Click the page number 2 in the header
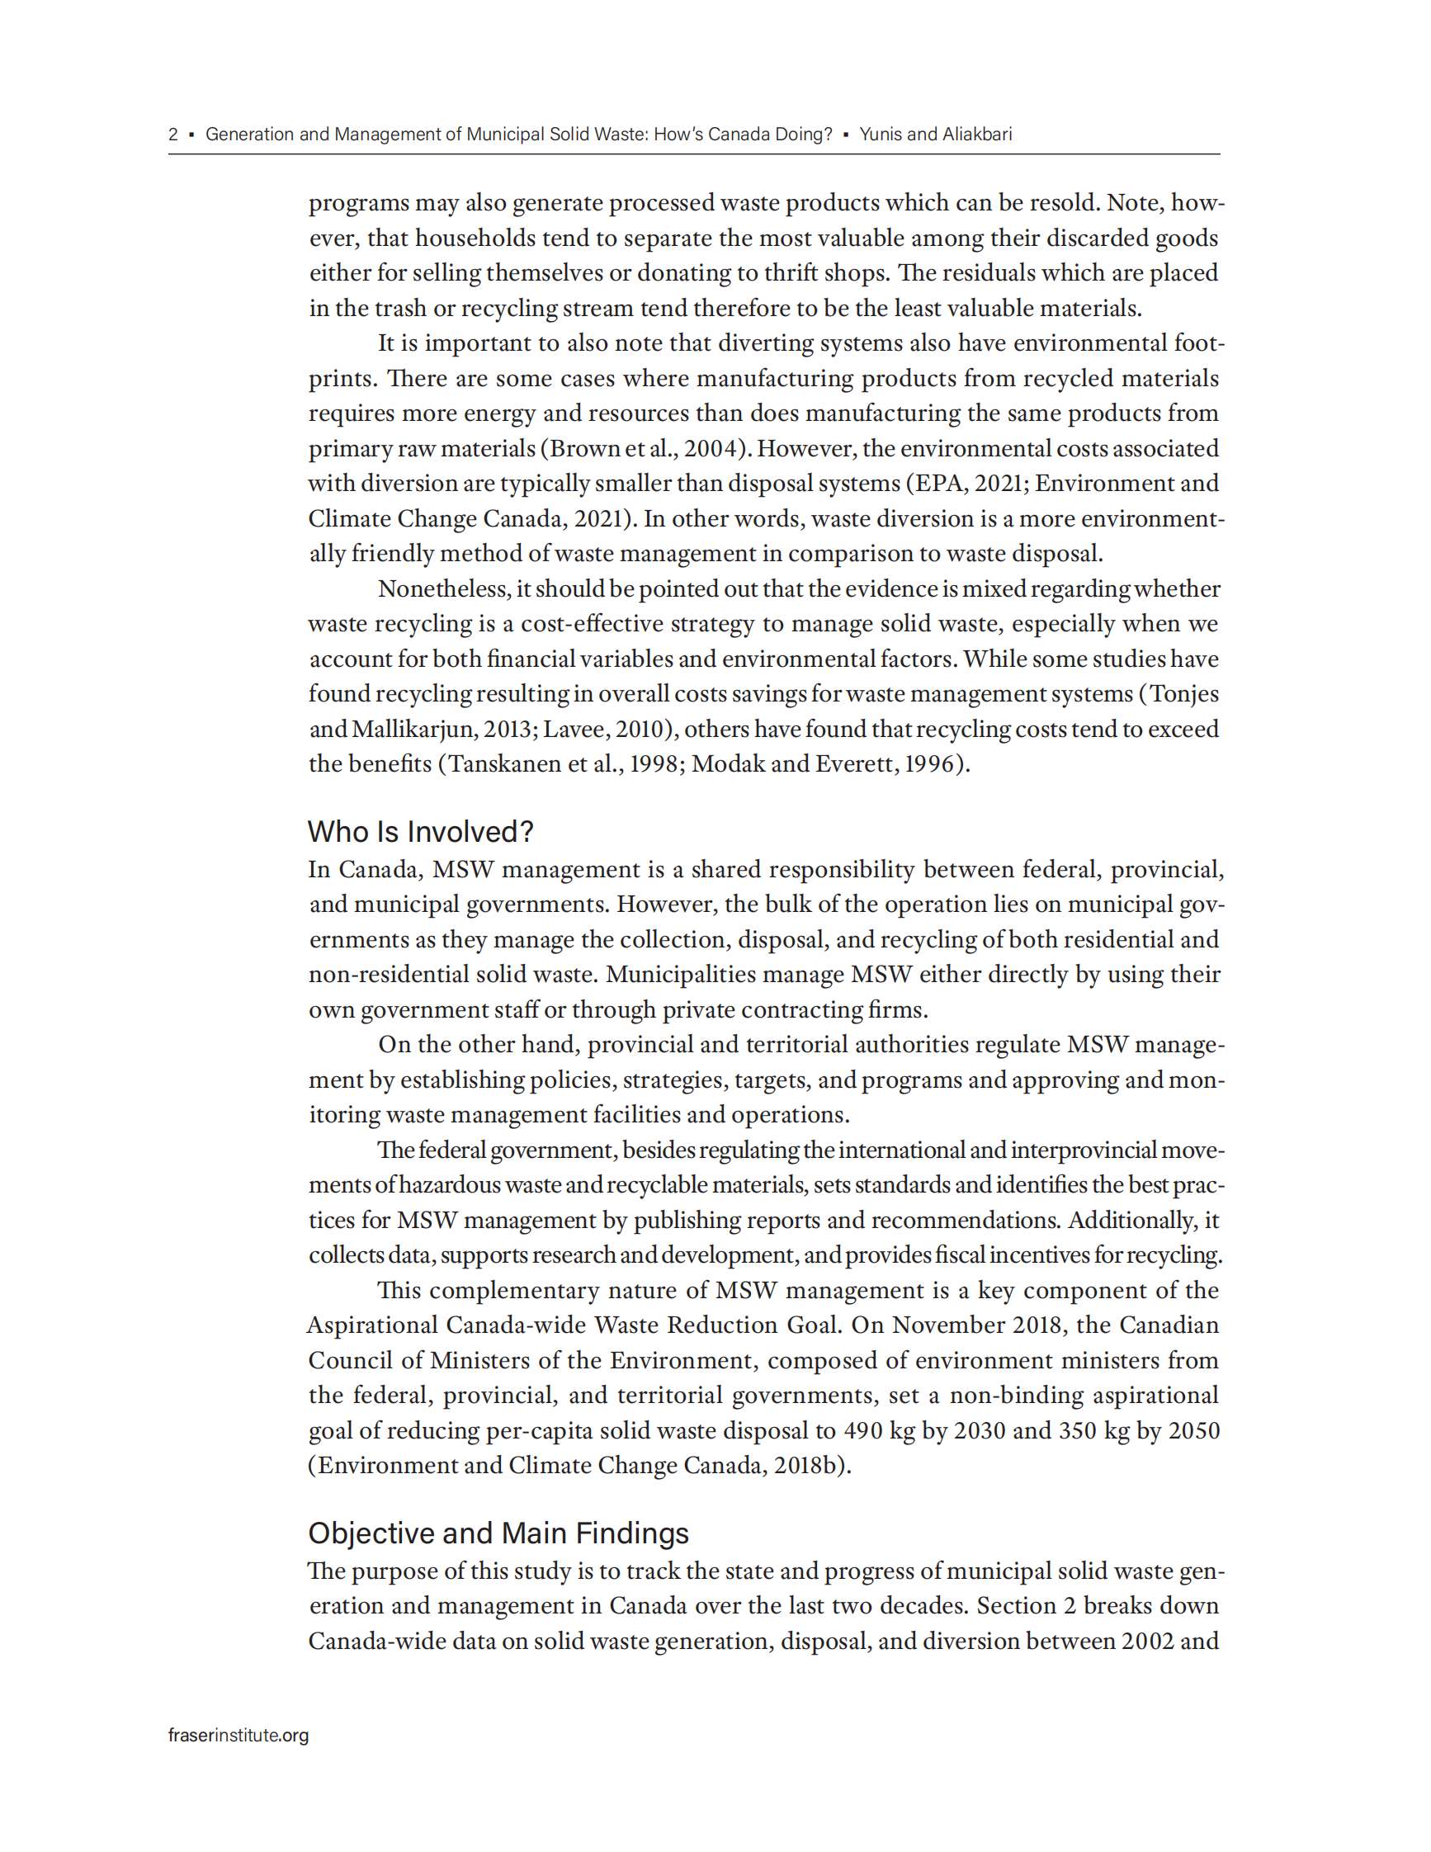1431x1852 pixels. (173, 134)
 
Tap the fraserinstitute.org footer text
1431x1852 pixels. (238, 1735)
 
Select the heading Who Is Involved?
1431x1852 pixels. (421, 831)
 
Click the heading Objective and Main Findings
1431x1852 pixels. (498, 1533)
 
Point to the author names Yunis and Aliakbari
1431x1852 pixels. (935, 134)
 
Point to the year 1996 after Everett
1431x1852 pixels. (930, 764)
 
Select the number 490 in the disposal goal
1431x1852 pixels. (863, 1430)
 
